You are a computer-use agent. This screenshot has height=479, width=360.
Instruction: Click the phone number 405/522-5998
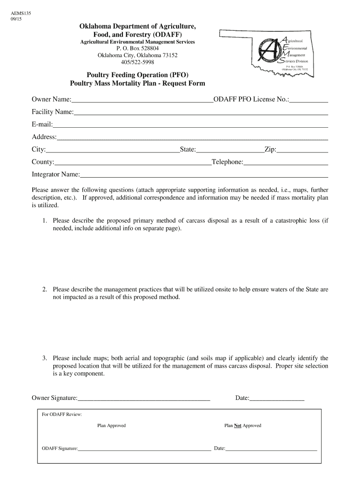pyautogui.click(x=137, y=62)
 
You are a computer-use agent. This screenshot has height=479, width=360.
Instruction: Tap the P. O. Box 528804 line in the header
pyautogui.click(x=137, y=49)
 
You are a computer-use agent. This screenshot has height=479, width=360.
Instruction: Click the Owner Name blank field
pyautogui.click(x=142, y=100)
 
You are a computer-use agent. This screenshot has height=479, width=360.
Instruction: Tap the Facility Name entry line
pyautogui.click(x=201, y=112)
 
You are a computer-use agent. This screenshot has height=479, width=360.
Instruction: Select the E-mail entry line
pyautogui.click(x=190, y=125)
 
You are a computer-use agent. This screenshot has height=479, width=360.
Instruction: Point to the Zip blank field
pyautogui.click(x=302, y=150)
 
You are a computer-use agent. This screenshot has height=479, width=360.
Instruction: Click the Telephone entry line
pyautogui.click(x=286, y=162)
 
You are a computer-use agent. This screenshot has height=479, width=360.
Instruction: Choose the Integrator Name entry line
pyautogui.click(x=204, y=175)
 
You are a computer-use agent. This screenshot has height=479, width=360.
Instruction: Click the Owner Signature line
pyautogui.click(x=144, y=399)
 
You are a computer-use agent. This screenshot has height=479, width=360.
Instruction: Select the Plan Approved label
pyautogui.click(x=111, y=426)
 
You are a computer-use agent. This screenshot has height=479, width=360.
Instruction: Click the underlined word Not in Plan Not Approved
pyautogui.click(x=238, y=426)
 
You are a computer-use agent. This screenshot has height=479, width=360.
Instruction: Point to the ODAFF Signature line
pyautogui.click(x=144, y=449)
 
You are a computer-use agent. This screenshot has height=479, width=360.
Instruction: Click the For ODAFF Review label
pyautogui.click(x=62, y=414)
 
